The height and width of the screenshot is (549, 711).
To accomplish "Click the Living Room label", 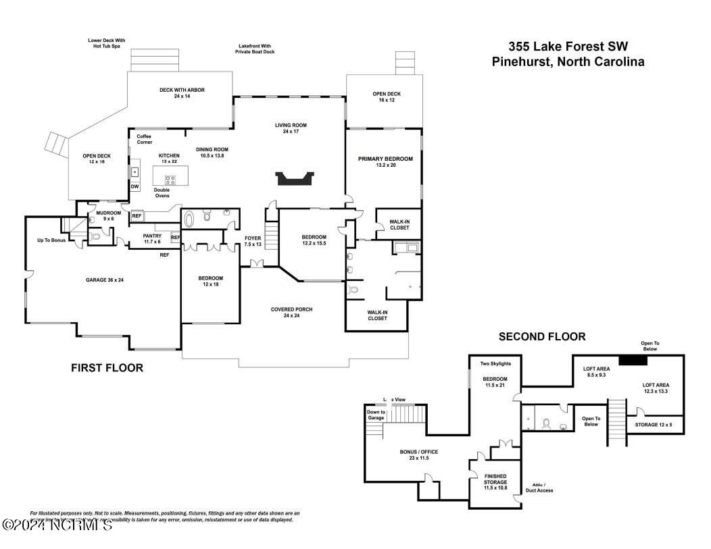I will (291, 128).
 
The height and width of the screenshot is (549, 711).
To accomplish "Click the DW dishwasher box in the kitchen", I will (135, 187).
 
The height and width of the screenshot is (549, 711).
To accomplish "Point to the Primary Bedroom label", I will (385, 162).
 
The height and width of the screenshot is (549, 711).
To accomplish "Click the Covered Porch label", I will (291, 313).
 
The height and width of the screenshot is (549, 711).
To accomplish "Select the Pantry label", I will (152, 238).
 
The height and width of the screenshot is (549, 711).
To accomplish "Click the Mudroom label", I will (108, 215).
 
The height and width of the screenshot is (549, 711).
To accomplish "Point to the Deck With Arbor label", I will (182, 93).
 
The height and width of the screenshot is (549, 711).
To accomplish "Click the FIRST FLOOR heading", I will (107, 368).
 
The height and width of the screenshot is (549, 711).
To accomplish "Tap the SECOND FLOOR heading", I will (542, 336).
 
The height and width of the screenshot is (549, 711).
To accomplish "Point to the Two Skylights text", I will (495, 363).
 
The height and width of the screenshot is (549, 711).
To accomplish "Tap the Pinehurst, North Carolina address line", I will (568, 62).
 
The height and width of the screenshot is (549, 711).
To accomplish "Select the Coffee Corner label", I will (144, 139).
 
